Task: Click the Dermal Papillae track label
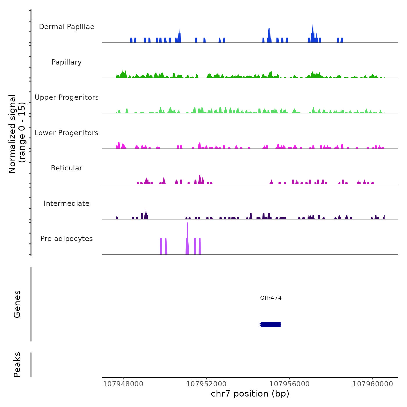pos(67,27)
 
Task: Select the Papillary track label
pos(67,62)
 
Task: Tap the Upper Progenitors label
pos(67,97)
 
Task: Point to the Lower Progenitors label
pos(67,133)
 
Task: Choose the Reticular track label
pos(67,168)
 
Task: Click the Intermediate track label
pos(67,203)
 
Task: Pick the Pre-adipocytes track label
pos(67,239)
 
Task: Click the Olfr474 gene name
pos(271,298)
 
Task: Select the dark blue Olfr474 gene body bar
pos(271,324)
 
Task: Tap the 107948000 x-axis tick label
pos(123,384)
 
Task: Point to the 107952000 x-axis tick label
pos(206,384)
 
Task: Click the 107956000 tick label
pos(290,384)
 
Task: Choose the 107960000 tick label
pos(373,384)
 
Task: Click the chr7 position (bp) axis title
pos(250,394)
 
